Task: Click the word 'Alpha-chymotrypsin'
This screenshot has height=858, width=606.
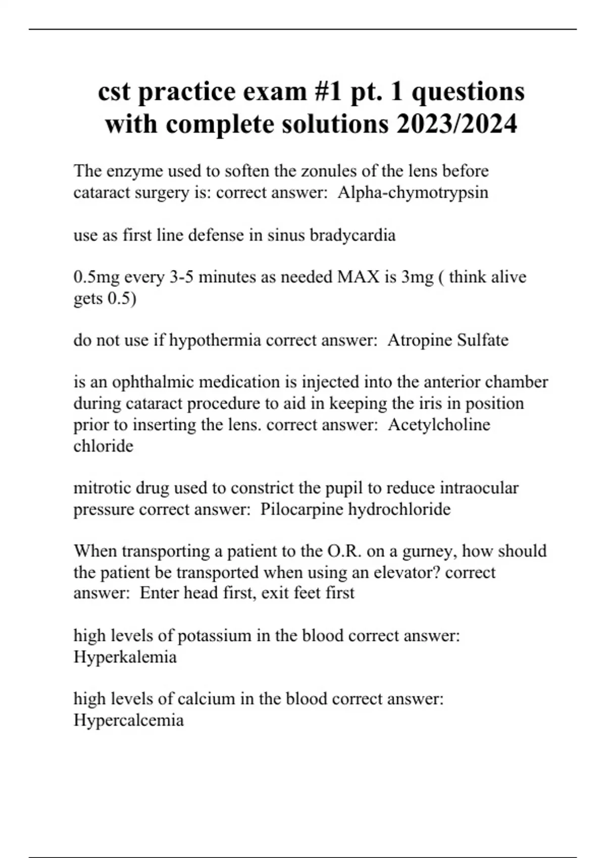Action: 413,192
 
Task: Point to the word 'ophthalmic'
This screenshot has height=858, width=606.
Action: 153,382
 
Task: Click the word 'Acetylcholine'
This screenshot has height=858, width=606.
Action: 439,424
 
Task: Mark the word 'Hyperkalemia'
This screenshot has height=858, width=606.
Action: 125,657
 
